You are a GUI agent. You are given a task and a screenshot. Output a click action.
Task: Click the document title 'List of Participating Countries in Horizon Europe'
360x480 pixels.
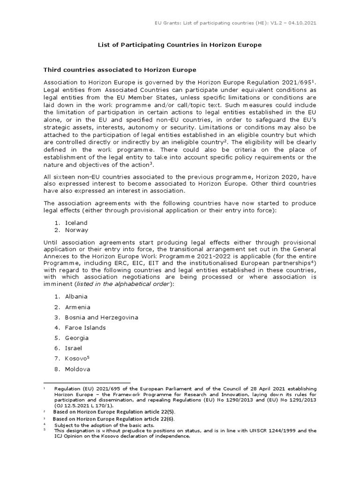180,45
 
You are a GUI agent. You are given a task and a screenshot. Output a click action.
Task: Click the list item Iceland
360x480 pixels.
76,223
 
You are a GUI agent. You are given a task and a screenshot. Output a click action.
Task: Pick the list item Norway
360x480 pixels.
76,230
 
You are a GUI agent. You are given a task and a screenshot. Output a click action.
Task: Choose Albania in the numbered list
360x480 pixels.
76,297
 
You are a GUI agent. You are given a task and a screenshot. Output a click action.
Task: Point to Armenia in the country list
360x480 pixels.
77,307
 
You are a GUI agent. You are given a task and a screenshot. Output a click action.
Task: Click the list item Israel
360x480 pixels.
73,348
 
